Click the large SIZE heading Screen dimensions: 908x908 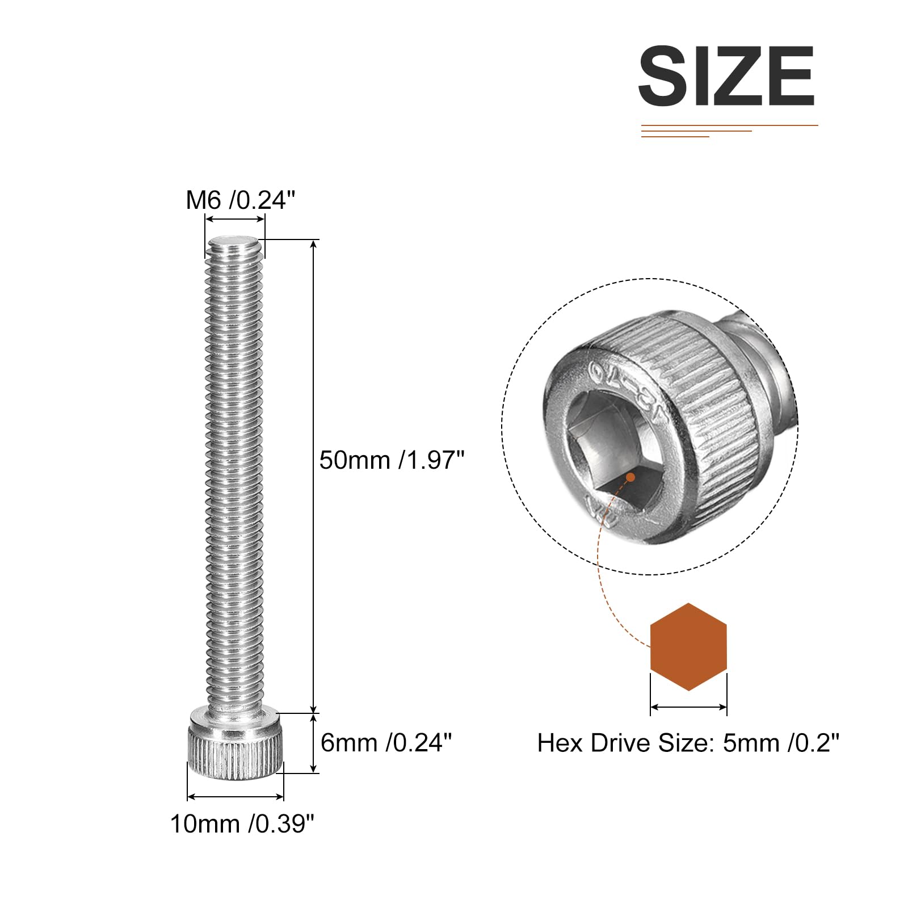tap(726, 76)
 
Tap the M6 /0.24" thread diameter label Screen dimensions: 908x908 tap(241, 200)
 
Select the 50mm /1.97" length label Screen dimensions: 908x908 tap(392, 460)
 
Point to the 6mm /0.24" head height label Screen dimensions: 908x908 tap(386, 742)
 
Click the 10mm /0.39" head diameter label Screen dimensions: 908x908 tap(242, 823)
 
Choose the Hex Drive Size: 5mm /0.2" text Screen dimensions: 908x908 tap(688, 743)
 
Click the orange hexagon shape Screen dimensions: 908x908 tap(688, 647)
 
